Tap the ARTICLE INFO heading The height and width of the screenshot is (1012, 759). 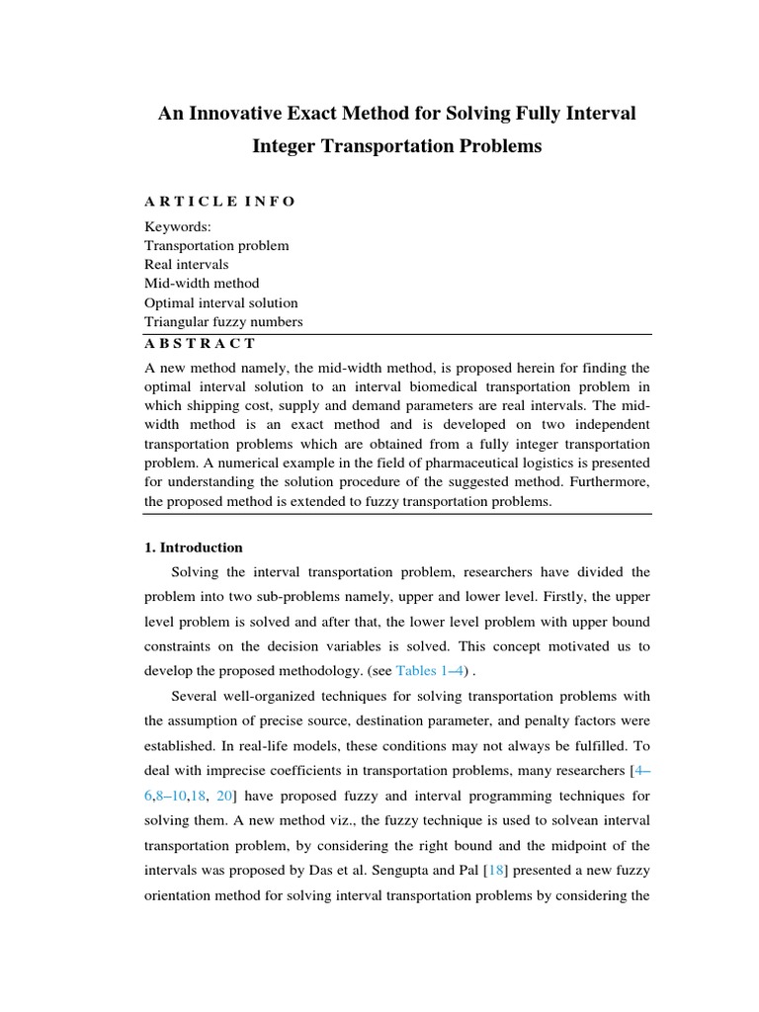[219, 202]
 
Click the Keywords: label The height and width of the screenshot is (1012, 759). [171, 226]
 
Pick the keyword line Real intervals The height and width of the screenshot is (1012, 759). [186, 265]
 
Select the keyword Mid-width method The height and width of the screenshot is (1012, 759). [202, 284]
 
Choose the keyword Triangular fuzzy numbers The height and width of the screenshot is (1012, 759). [223, 322]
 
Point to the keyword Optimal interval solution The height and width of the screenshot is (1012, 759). [220, 302]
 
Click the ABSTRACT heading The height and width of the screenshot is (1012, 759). [201, 343]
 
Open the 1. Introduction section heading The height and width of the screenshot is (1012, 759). [194, 548]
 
